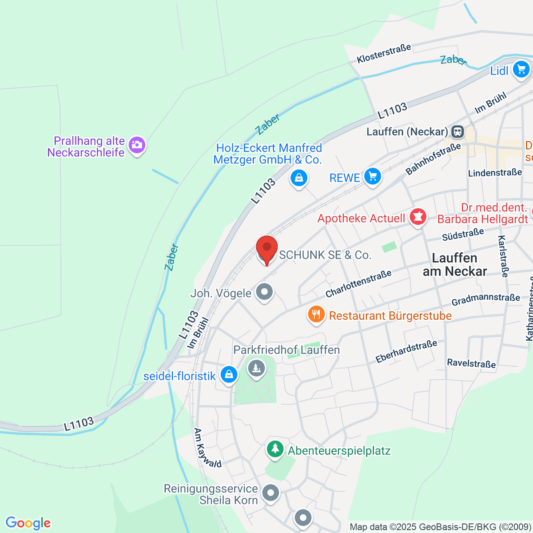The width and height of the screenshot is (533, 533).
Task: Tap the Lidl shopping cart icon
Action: pos(521,70)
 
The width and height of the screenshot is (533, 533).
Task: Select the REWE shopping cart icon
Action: pos(372,177)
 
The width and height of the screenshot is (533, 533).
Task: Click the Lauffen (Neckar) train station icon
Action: pos(457,131)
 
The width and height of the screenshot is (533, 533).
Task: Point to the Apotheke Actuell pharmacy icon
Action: pos(418,217)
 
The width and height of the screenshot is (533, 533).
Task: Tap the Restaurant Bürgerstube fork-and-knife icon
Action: pos(316,315)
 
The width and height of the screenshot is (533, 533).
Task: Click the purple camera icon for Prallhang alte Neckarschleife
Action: pos(137,145)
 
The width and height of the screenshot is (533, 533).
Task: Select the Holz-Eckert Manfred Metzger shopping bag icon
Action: pos(299,178)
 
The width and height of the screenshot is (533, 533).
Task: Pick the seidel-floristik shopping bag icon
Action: pos(229,374)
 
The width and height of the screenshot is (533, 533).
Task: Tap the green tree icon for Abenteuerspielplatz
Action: pos(275,449)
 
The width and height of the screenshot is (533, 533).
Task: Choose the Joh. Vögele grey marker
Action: pos(265,292)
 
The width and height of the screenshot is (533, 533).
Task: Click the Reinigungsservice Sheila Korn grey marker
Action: pos(270,493)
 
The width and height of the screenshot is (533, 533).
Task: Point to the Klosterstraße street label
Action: pos(384,53)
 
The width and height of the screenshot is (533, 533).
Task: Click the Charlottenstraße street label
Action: pos(358,284)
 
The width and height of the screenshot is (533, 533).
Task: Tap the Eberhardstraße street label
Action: pos(406,351)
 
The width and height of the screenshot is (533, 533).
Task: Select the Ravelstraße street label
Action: pos(471,363)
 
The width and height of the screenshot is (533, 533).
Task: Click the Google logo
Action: pos(28,523)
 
